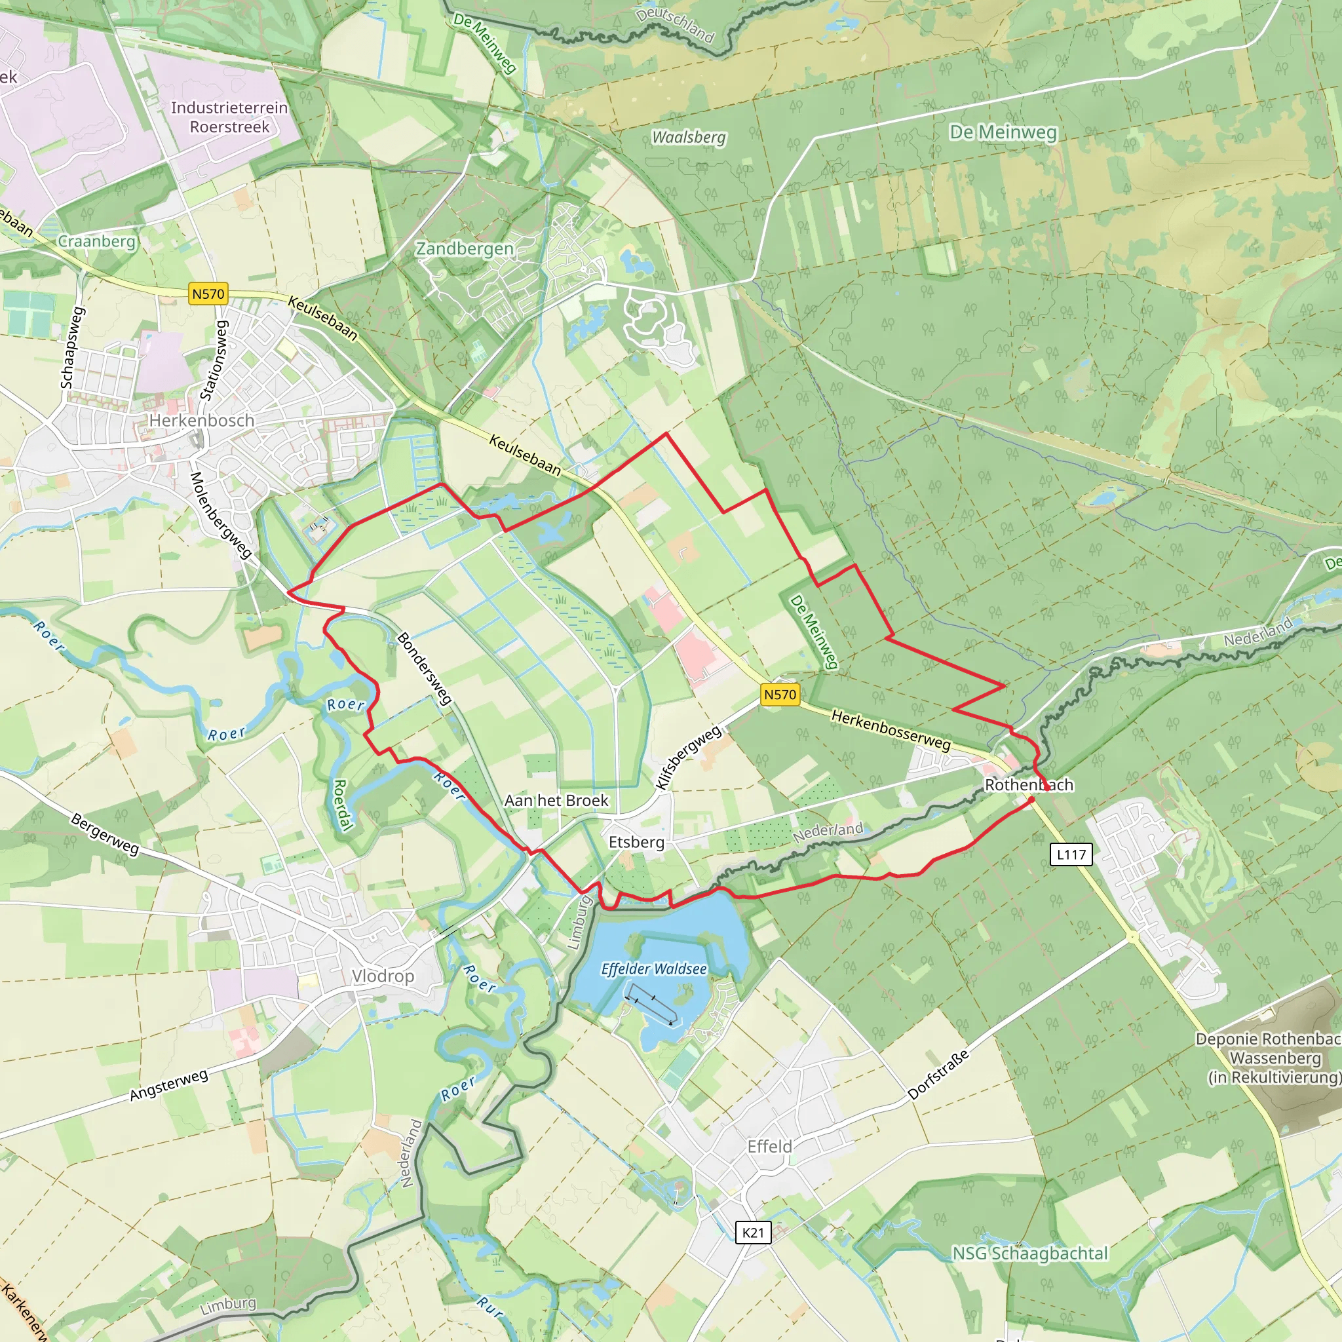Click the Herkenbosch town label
point(201,420)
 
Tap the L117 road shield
point(1071,854)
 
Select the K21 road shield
point(753,1233)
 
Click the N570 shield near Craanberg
point(208,294)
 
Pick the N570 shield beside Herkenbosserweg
point(779,694)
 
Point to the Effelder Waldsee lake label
point(653,969)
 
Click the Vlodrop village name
point(383,976)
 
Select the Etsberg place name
point(636,843)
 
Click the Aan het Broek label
point(556,800)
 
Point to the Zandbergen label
point(465,248)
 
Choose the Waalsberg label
point(689,138)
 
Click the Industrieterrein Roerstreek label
point(229,117)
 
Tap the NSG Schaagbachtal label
point(1029,1253)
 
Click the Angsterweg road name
point(169,1085)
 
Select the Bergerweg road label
point(105,834)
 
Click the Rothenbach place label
point(1029,785)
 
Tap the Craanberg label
point(96,241)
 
